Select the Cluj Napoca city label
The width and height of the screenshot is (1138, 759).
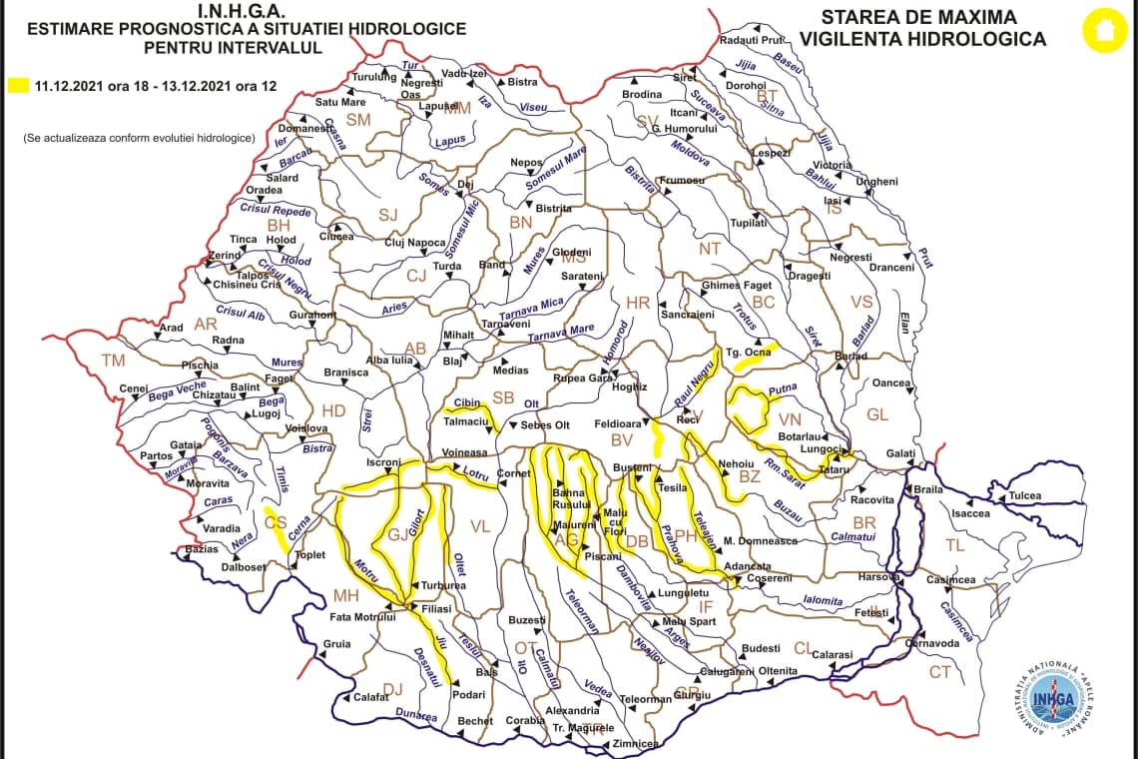(415, 243)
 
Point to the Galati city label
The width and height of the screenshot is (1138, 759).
(900, 453)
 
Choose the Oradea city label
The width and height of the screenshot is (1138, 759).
(265, 190)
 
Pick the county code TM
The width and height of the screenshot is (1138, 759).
(114, 361)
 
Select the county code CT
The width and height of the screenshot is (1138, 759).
(939, 672)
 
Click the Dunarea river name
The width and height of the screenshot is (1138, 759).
(417, 715)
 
